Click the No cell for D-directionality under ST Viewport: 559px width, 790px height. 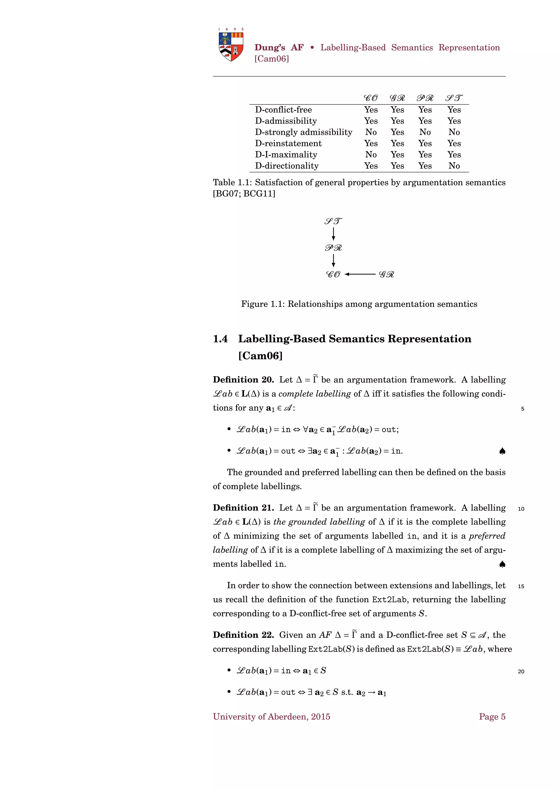point(454,166)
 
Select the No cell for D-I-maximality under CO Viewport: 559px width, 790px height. point(371,154)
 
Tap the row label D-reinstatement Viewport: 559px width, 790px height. point(288,143)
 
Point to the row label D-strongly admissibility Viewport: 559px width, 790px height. point(303,132)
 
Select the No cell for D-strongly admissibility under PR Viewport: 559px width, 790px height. point(425,132)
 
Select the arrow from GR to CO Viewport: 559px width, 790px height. point(360,274)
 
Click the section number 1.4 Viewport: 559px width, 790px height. point(220,339)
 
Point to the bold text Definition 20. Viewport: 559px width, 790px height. point(243,379)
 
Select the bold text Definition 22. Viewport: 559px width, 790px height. point(243,635)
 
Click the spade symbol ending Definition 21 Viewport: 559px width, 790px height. point(502,564)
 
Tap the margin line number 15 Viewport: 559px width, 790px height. point(521,586)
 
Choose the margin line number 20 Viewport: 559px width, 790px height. point(521,671)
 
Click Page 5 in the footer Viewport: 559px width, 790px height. point(492,717)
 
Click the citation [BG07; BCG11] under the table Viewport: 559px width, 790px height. point(244,194)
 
